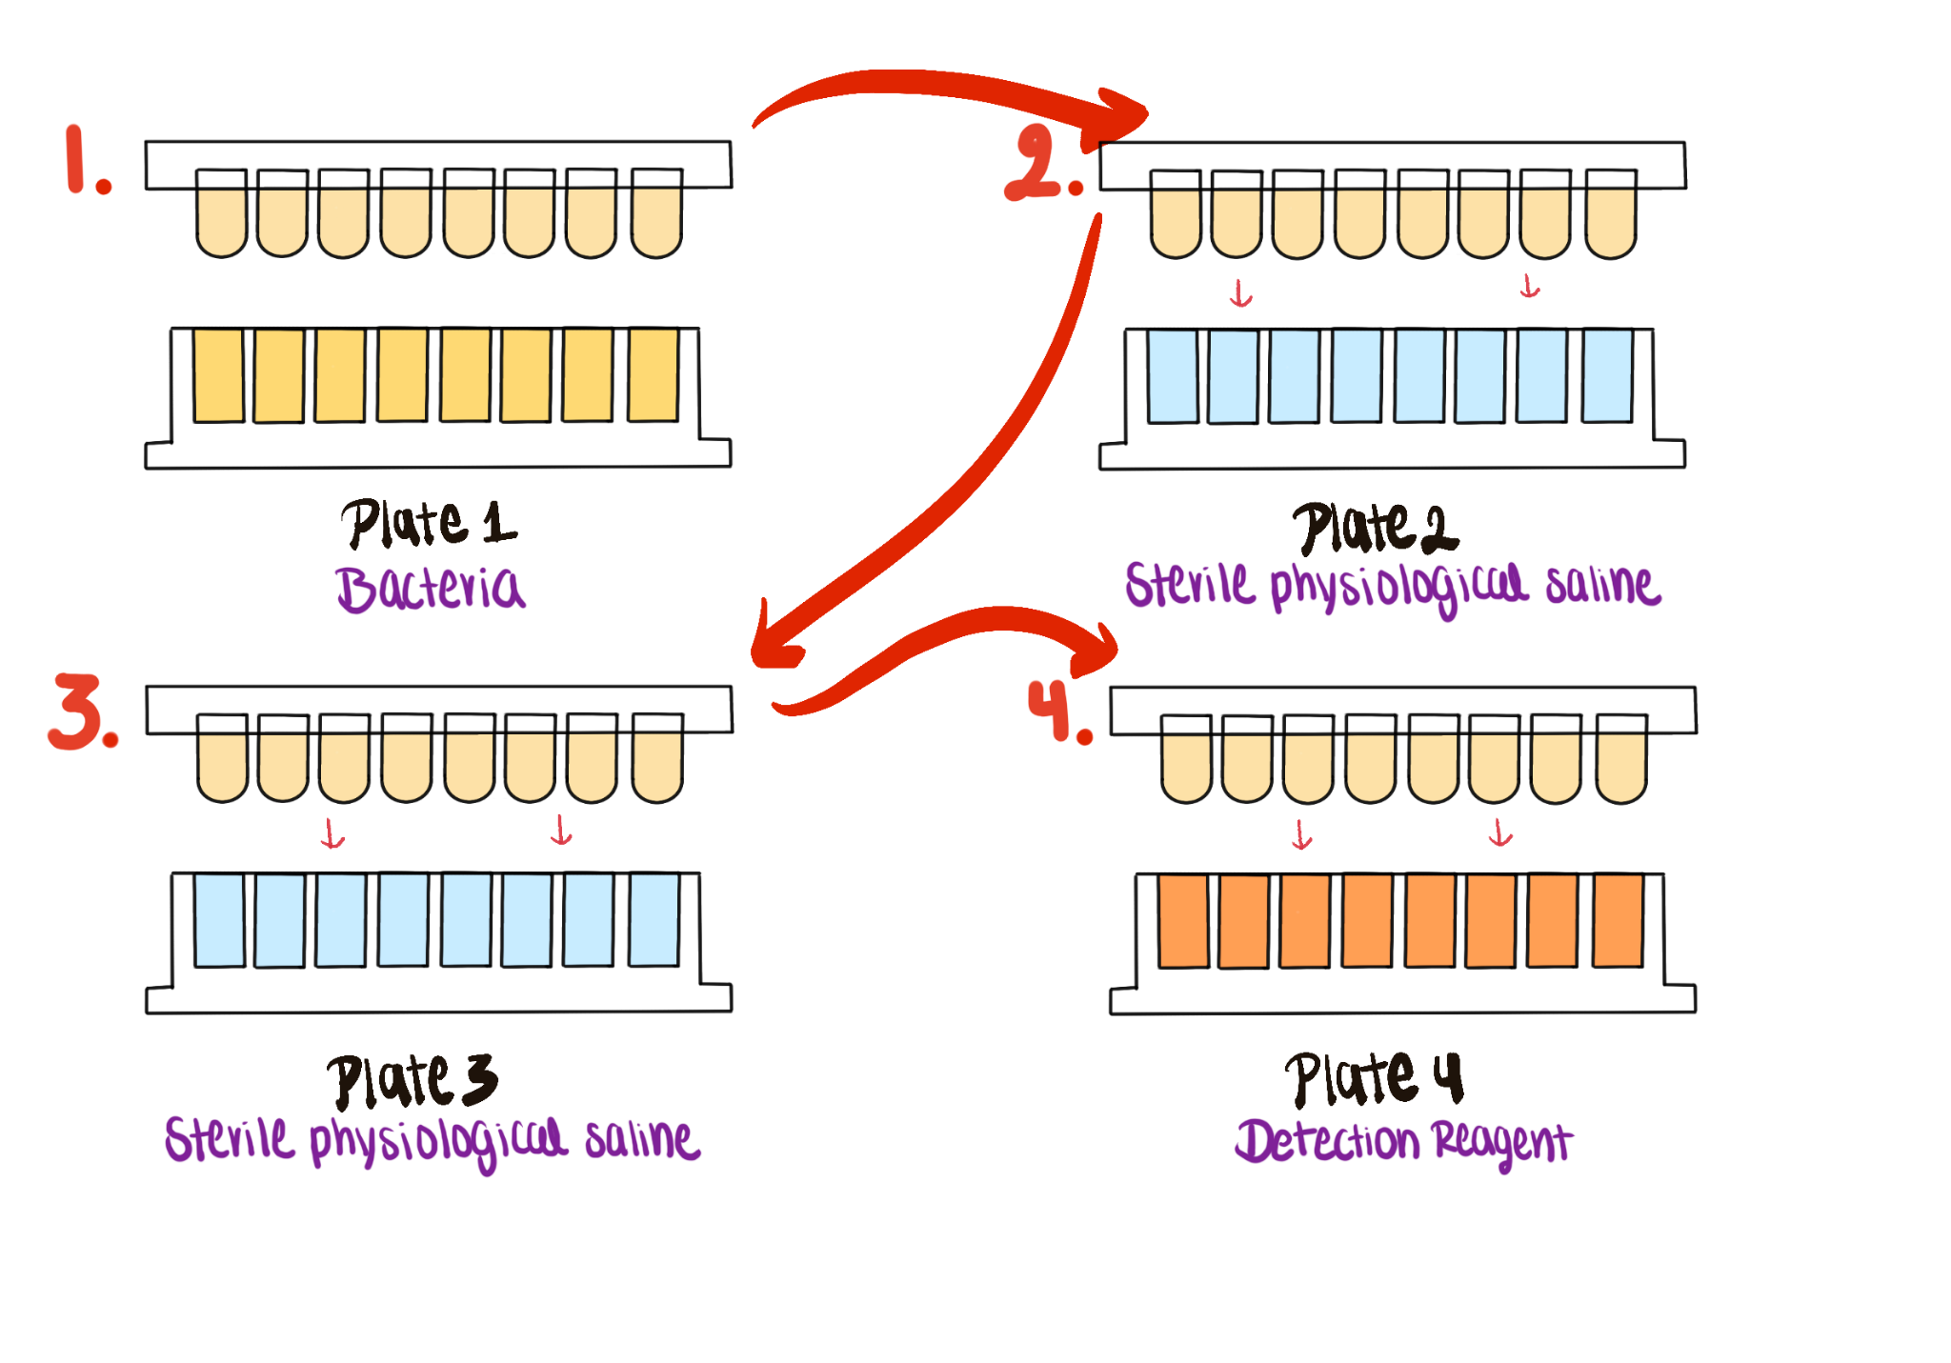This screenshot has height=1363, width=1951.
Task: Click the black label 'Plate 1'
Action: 429,523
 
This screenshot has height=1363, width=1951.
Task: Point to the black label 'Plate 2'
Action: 1375,528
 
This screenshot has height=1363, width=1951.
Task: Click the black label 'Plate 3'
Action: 412,1080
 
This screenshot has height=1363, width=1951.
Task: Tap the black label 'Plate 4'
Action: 1374,1078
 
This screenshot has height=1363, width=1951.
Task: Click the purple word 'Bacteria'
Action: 431,588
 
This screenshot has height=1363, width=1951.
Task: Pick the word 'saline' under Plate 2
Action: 1602,585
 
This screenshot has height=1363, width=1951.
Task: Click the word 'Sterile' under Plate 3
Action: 230,1138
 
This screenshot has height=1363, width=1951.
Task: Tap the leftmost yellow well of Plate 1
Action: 218,375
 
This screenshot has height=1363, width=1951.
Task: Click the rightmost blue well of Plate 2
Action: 1607,375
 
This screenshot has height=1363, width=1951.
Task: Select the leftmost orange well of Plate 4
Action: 1183,921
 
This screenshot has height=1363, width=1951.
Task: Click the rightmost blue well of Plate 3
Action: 654,920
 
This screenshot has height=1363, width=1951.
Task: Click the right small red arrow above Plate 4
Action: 1500,832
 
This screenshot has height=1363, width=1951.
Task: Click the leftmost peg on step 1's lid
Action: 221,212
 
